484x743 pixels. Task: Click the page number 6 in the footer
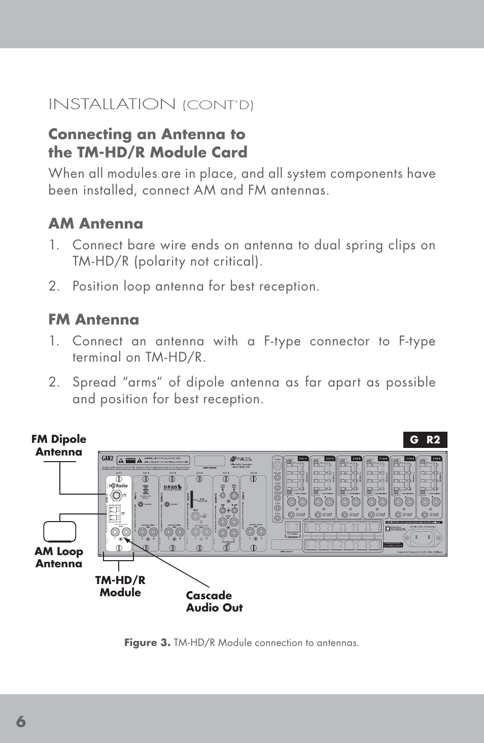coord(20,721)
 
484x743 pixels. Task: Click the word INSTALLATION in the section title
coord(112,104)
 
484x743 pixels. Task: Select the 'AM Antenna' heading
coord(95,223)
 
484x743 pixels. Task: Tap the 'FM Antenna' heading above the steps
coord(93,319)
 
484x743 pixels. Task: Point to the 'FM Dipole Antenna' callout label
coord(59,445)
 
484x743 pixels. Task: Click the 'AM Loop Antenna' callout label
coord(59,557)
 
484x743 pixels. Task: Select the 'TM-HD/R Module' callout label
coord(120,586)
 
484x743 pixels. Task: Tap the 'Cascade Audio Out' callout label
coord(214,601)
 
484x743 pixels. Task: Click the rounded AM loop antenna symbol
coord(59,532)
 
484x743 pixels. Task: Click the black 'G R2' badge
coord(425,440)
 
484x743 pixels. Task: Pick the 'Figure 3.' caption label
coord(147,642)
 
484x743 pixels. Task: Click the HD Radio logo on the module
coord(118,486)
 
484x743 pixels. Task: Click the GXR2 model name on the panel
coord(108,459)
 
